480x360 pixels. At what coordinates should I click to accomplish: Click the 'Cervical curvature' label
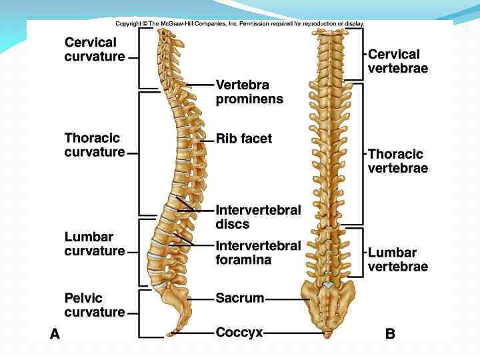[x=95, y=49]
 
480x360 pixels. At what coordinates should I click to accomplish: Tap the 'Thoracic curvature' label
[x=95, y=145]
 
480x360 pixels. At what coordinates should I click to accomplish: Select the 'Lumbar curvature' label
[x=95, y=244]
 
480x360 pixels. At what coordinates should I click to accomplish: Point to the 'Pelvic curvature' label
[x=95, y=305]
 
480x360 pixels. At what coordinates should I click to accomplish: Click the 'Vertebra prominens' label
[x=249, y=92]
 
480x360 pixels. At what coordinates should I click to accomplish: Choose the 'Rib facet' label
[x=243, y=139]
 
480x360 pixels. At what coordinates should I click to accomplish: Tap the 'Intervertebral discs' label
[x=258, y=217]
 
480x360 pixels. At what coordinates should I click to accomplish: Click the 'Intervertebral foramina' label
[x=258, y=253]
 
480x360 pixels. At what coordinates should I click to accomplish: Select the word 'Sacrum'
[x=239, y=298]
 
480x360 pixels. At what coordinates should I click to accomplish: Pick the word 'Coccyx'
[x=239, y=332]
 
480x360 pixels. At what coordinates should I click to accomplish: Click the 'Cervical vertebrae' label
[x=397, y=61]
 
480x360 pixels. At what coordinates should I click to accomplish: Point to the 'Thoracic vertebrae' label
[x=397, y=161]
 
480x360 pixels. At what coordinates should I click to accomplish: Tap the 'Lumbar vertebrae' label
[x=397, y=259]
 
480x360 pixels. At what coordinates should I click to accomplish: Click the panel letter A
[x=55, y=335]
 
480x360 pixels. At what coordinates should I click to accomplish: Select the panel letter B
[x=390, y=335]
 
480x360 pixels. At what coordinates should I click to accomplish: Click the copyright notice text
[x=239, y=23]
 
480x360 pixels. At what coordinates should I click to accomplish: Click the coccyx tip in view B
[x=327, y=333]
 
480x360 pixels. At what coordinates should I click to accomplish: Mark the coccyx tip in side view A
[x=171, y=333]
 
